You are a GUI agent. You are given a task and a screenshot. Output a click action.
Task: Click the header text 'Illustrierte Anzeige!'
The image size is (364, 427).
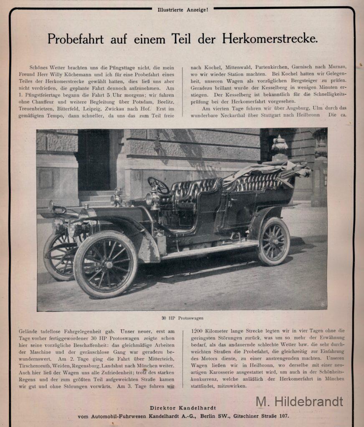coord(182,9)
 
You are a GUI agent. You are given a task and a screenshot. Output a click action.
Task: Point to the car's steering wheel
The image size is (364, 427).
coord(158,185)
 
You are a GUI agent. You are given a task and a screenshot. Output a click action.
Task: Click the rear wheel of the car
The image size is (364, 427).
coord(274,241)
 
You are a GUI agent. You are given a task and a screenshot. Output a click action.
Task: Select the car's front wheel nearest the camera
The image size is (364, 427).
coord(105,264)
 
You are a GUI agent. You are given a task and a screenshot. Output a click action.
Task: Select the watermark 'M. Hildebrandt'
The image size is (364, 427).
coord(299,402)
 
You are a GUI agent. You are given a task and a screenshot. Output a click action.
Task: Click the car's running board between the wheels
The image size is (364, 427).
coord(209,251)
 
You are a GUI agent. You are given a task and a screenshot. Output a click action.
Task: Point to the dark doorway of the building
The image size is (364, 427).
coord(94,161)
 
